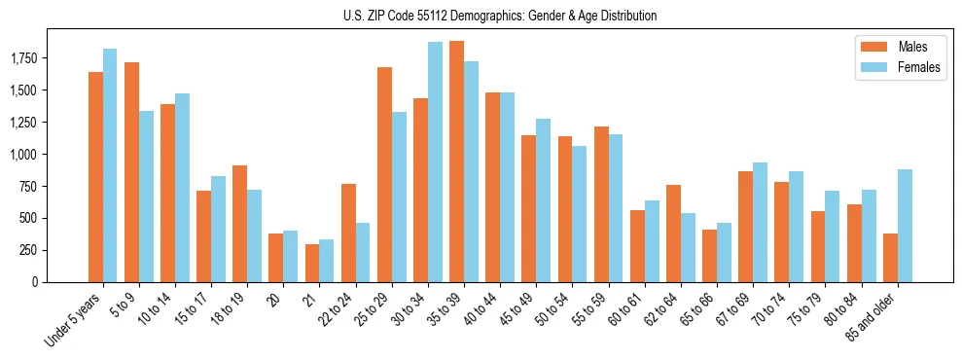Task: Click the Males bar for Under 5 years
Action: [95, 177]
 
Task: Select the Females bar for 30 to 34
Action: [435, 162]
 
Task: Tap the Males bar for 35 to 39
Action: [456, 162]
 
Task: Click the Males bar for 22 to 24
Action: [348, 233]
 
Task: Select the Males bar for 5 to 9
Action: [131, 172]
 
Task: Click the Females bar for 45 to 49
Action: [544, 200]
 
